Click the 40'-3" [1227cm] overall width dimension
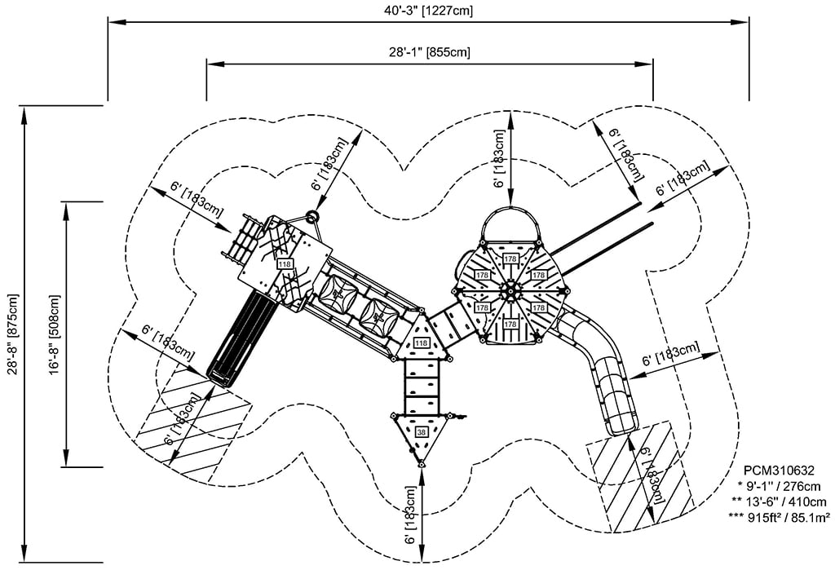pos(428,11)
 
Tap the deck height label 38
pos(421,431)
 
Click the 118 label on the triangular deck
pos(421,343)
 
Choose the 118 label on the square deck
pos(285,264)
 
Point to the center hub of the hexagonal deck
pos(510,289)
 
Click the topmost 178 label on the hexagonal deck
pos(510,258)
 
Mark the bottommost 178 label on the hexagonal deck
pos(510,324)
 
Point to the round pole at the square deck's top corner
pos(311,217)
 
